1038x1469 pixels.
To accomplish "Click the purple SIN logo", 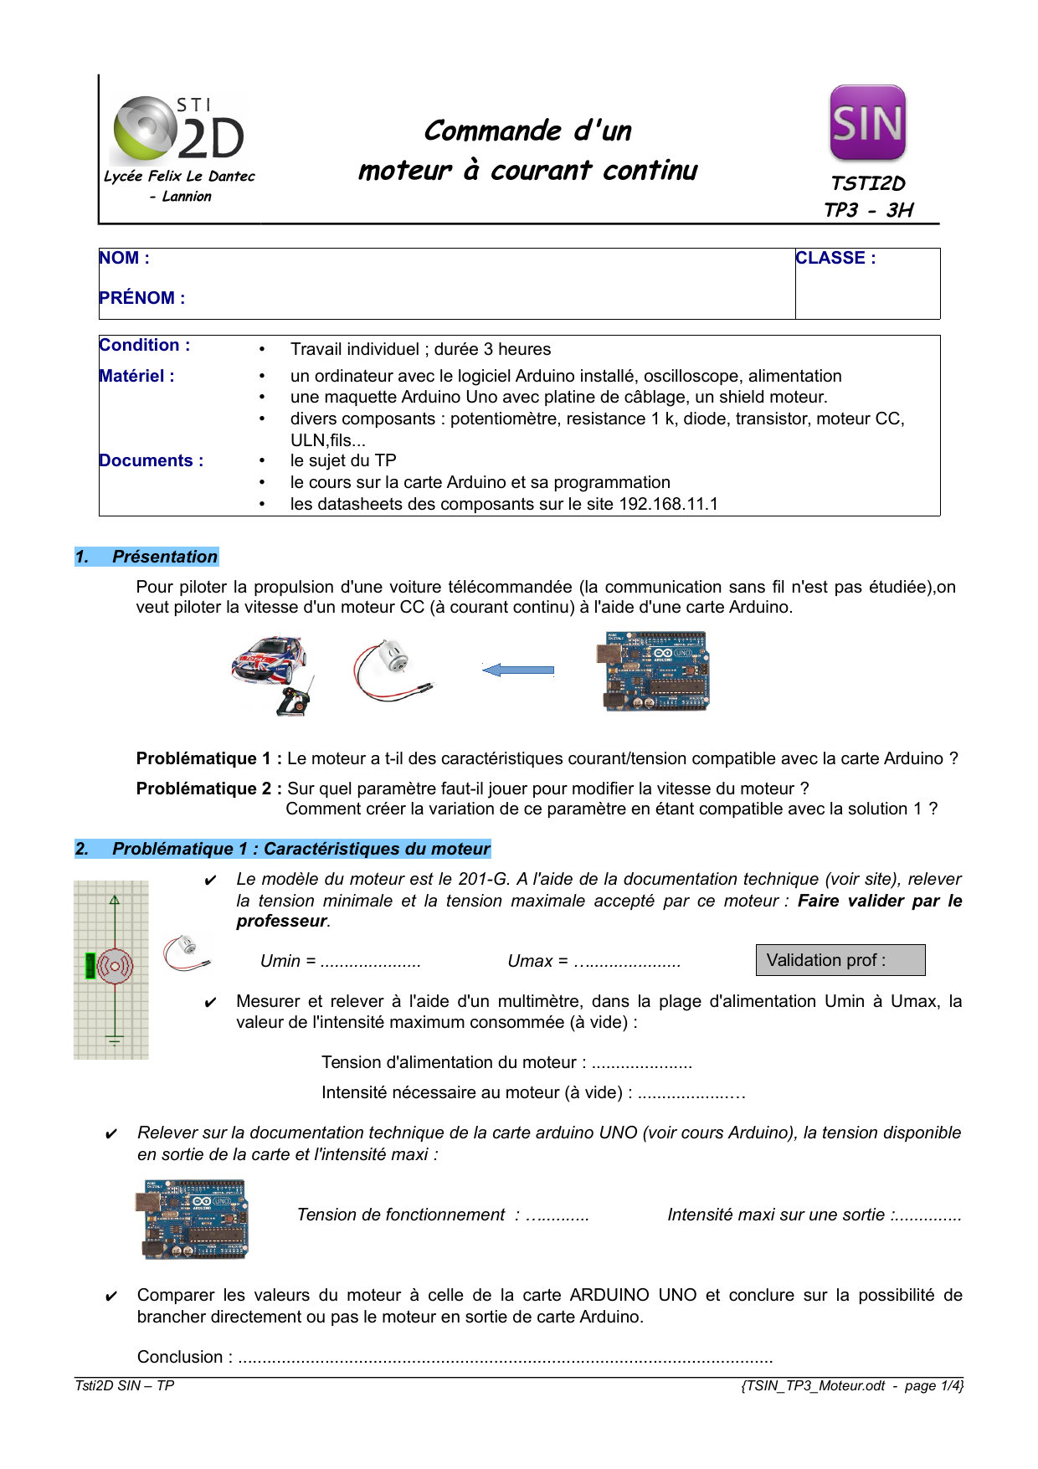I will (867, 122).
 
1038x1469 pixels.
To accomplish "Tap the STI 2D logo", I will (178, 130).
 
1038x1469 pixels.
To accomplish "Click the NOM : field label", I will (124, 259).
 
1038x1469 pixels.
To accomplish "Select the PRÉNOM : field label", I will (141, 298).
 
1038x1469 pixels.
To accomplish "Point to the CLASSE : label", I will (835, 259).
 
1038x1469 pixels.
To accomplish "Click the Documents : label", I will (151, 461).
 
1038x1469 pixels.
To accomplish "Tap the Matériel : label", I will (136, 377).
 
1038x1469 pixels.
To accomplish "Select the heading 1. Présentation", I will (147, 557).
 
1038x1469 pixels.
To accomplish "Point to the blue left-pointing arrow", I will (518, 670).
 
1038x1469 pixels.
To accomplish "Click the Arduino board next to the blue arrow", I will (655, 671).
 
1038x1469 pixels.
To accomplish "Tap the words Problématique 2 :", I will (208, 789).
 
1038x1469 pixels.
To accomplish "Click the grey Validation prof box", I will (840, 960).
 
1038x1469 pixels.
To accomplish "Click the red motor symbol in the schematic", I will (115, 967).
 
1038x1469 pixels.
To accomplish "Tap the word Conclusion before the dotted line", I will (180, 1358).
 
